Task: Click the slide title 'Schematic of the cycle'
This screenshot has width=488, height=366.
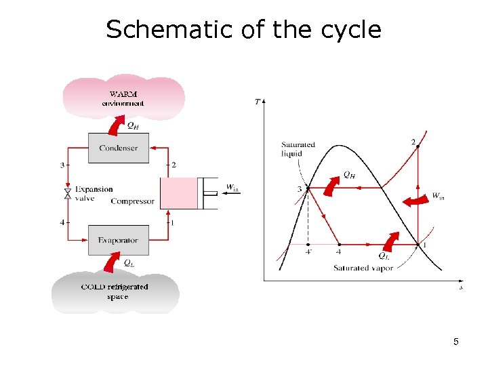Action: tap(243, 30)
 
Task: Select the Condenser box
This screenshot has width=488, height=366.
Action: tap(119, 148)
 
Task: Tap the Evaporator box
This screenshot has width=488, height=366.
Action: tap(119, 240)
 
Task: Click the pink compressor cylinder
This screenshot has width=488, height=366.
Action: tap(179, 193)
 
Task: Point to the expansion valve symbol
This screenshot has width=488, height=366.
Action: tap(67, 194)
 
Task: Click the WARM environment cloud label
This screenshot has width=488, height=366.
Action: tap(123, 98)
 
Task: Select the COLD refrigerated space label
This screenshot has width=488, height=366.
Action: tap(115, 291)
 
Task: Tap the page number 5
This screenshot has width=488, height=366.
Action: tap(456, 342)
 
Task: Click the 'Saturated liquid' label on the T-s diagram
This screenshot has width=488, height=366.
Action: tap(298, 149)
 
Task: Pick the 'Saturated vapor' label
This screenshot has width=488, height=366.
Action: tap(363, 268)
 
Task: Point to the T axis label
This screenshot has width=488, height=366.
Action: tap(258, 102)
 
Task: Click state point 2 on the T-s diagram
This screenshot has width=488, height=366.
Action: tap(418, 146)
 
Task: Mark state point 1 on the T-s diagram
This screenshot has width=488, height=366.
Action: tap(418, 245)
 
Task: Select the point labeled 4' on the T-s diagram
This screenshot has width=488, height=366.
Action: tap(308, 245)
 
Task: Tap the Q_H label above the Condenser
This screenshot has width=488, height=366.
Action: tap(134, 125)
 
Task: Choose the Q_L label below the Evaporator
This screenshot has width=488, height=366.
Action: tap(127, 262)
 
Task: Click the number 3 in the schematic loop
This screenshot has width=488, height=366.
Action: tap(62, 165)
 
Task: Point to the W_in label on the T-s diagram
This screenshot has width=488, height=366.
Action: tap(439, 197)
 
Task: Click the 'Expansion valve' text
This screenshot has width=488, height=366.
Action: tap(94, 194)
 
